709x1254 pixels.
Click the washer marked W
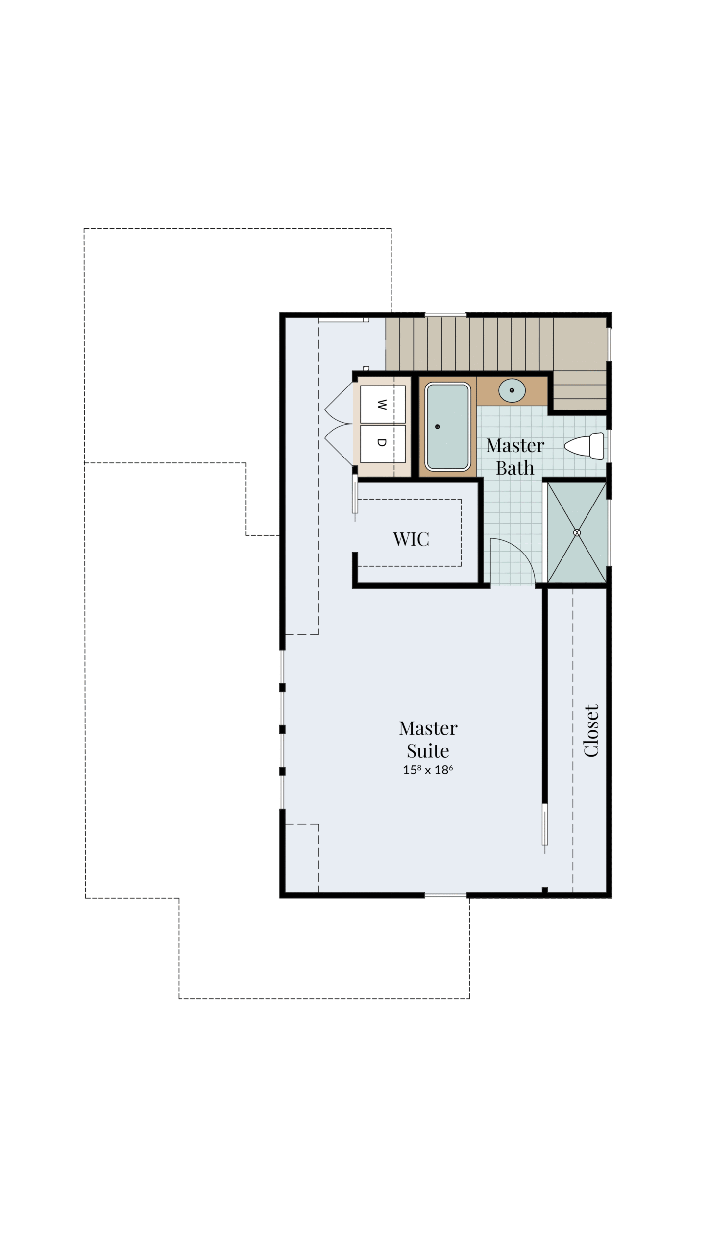tap(383, 404)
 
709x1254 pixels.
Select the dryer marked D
tap(383, 443)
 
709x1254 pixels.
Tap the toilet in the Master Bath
tap(584, 446)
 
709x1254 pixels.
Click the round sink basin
tap(512, 390)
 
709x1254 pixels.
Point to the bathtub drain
tap(438, 427)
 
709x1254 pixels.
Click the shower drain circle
tap(577, 532)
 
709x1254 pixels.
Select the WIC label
tap(411, 539)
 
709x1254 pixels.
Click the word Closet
tap(591, 731)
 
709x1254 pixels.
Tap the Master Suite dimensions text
tap(428, 770)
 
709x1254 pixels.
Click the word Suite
tap(428, 751)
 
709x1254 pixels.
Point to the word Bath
tap(515, 468)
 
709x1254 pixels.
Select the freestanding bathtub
tap(448, 427)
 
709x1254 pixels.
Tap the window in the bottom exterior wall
tap(445, 895)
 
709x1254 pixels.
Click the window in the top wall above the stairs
tap(445, 314)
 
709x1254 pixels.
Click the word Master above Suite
tap(428, 728)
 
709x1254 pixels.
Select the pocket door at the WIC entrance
tap(355, 493)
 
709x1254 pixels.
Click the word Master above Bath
tap(515, 446)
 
